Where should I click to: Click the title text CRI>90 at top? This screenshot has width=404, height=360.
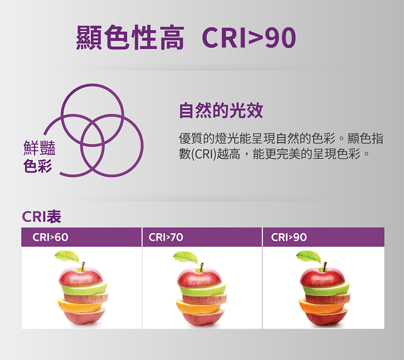pos(249,38)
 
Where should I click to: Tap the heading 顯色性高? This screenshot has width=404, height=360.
pos(130,38)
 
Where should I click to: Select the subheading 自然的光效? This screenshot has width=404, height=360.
pos(221,110)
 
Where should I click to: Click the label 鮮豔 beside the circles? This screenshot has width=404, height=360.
pos(40,148)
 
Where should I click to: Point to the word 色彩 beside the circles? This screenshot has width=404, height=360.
pos(38,166)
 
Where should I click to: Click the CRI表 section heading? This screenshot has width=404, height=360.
pos(42,216)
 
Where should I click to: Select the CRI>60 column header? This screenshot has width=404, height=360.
pos(50,237)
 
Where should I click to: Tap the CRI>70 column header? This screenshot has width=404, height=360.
pos(166,237)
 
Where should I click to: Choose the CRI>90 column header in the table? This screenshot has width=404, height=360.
pos(289,237)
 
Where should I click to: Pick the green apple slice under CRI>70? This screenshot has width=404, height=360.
pos(203,289)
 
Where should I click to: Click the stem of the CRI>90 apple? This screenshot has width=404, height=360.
pos(324,267)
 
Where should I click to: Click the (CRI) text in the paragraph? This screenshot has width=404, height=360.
pos(203,154)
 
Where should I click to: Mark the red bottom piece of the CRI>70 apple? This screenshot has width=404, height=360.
pos(203,318)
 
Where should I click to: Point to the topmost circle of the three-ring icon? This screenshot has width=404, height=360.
pos(92,85)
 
